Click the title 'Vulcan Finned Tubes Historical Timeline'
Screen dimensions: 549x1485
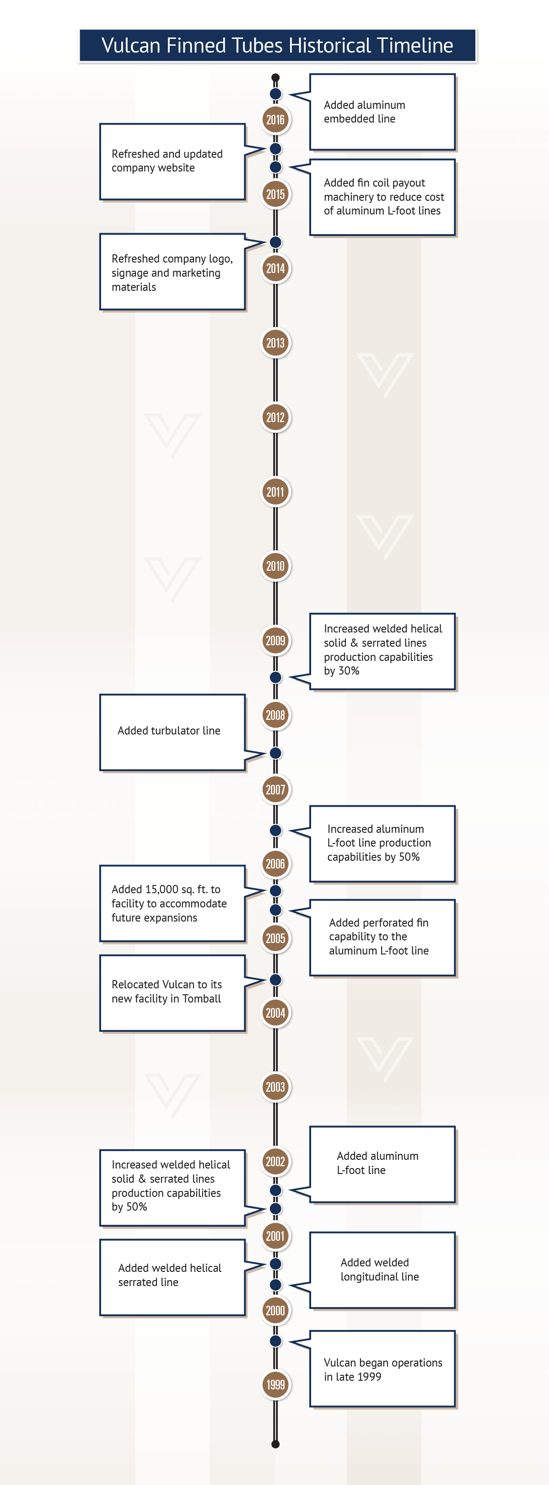(277, 46)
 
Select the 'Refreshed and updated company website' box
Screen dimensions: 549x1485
(172, 161)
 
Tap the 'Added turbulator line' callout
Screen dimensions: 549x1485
(172, 732)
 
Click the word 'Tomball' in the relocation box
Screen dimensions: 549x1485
(201, 998)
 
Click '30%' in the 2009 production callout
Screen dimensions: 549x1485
(349, 670)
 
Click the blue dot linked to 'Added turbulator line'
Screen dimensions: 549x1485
(276, 753)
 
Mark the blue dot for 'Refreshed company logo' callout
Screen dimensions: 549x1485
(276, 242)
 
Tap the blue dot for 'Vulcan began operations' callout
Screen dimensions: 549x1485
(276, 1341)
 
